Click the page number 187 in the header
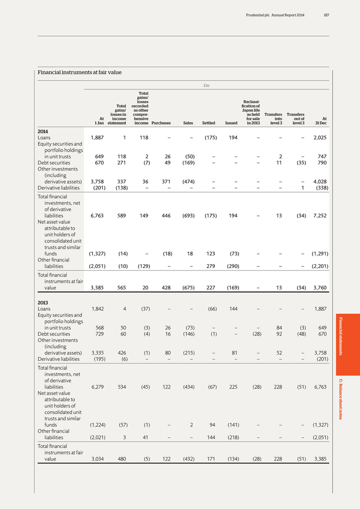click(x=326, y=15)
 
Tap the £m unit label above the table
click(x=206, y=85)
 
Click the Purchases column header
click(x=161, y=123)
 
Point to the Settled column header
click(x=208, y=123)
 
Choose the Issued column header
click(x=231, y=123)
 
